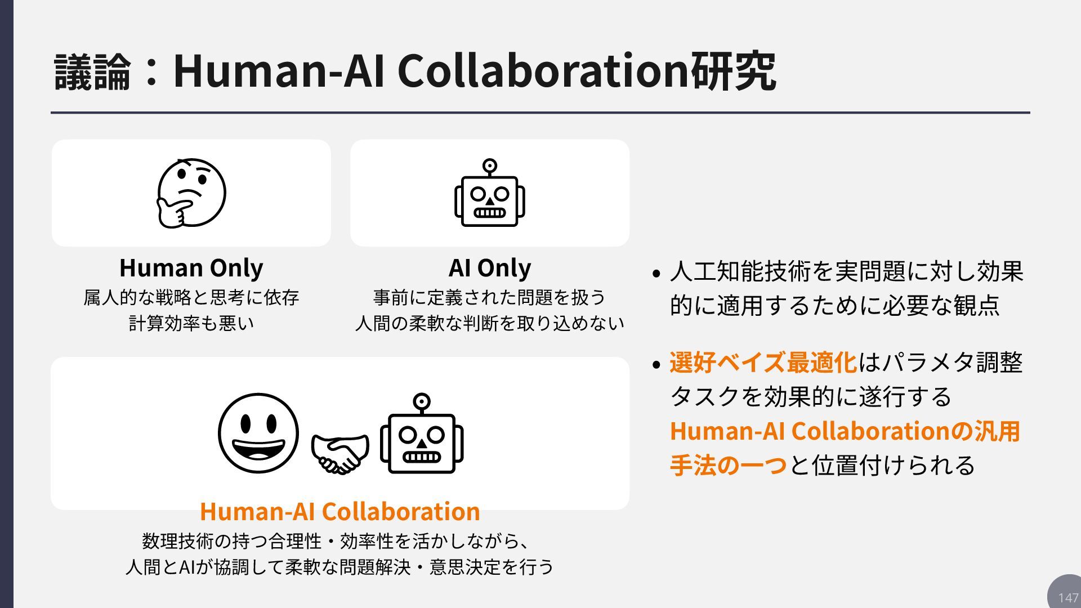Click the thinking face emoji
[x=191, y=193]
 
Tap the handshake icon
[x=340, y=454]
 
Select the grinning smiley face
[x=258, y=433]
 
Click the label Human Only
[x=191, y=268]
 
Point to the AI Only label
[x=490, y=268]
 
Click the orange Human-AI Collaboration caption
[x=340, y=511]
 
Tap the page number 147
[x=1067, y=597]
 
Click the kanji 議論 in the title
[x=93, y=71]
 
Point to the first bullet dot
[x=656, y=274]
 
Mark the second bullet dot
[x=656, y=365]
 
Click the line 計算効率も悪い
[x=191, y=323]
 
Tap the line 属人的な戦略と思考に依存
[x=191, y=297]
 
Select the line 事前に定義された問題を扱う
[x=490, y=297]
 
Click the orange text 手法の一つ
[x=728, y=466]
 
